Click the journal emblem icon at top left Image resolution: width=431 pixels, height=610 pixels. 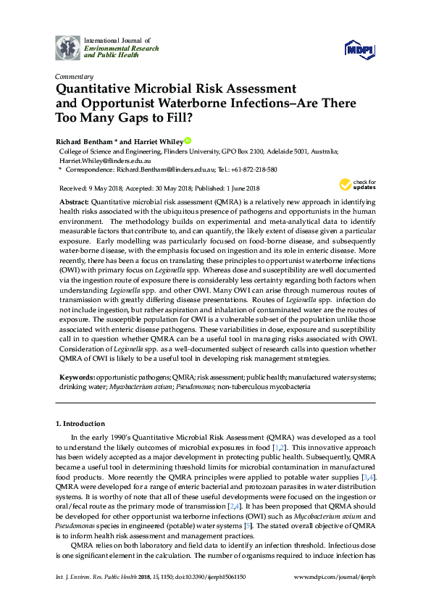67,47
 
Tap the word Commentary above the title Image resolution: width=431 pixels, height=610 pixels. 74,76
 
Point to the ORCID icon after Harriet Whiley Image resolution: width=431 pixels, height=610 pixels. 187,141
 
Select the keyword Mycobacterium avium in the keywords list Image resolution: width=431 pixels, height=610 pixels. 145,388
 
